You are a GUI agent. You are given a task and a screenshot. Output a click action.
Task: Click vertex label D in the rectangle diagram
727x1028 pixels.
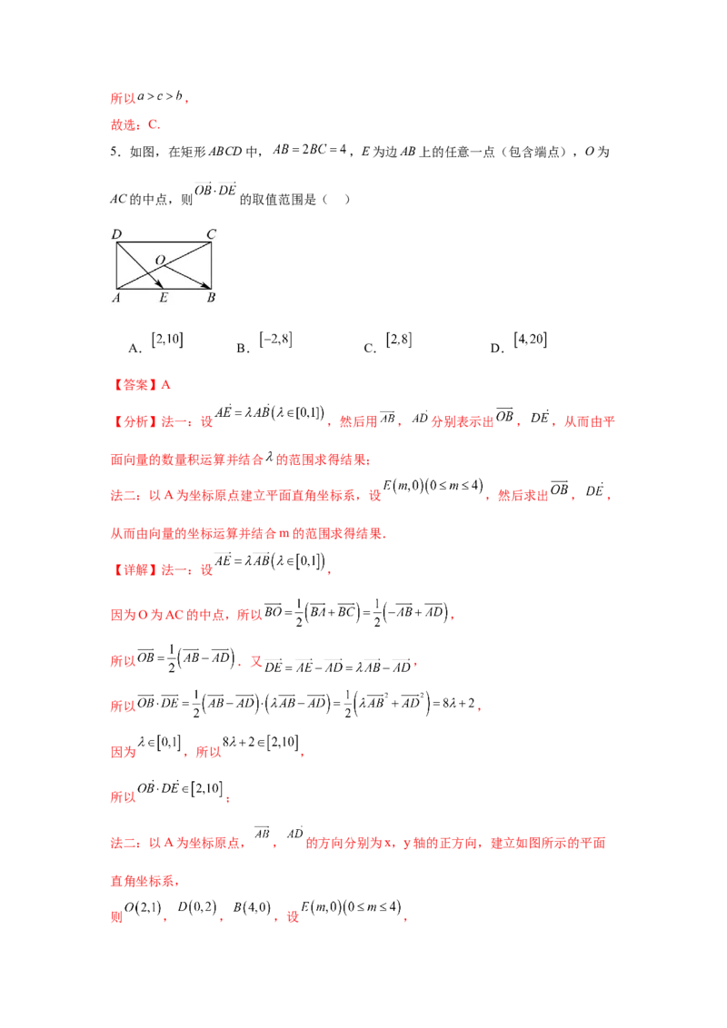(x=116, y=235)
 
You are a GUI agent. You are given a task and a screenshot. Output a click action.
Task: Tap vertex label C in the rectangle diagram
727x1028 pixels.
(x=211, y=235)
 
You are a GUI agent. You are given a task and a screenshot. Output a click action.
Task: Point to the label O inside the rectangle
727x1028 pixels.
(x=160, y=261)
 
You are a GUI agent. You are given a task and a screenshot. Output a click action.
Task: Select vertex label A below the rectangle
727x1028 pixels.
(x=116, y=298)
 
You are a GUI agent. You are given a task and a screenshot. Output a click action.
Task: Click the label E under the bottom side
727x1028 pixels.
(x=164, y=298)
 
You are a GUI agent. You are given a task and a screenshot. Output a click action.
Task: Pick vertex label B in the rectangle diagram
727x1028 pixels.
(x=211, y=298)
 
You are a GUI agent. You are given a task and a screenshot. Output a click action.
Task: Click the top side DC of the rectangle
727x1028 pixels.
(x=164, y=242)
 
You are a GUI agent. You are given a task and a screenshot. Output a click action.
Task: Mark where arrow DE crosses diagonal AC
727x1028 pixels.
(x=142, y=271)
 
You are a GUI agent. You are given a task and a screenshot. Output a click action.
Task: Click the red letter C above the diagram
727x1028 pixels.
(x=154, y=124)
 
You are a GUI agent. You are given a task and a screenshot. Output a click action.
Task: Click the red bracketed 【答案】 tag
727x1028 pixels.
(x=134, y=385)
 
